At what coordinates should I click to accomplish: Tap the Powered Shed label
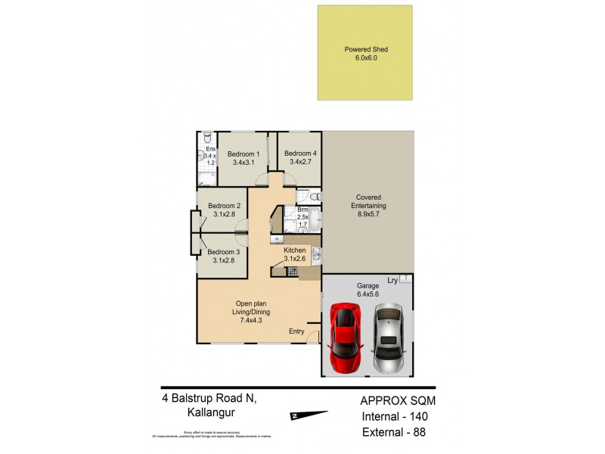(366, 50)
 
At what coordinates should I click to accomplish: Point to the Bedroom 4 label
(299, 154)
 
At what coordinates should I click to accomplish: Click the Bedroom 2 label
(224, 206)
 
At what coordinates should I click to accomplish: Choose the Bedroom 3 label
(224, 252)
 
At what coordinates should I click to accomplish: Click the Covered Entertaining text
(368, 202)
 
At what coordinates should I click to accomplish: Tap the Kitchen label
(294, 250)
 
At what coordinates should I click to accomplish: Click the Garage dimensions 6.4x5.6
(368, 295)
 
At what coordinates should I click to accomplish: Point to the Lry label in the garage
(392, 281)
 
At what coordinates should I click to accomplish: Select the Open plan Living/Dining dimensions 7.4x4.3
(250, 321)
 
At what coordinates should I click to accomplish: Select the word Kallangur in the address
(209, 413)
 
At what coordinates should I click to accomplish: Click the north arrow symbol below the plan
(310, 414)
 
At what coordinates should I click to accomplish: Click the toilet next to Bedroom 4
(315, 194)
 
